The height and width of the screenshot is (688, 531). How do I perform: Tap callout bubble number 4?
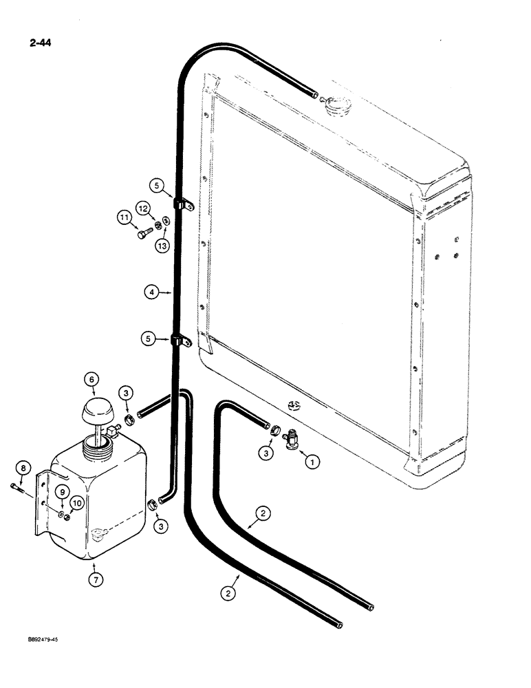[x=151, y=292]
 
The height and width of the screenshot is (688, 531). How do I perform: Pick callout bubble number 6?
[x=92, y=379]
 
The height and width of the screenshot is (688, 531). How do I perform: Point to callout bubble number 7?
[x=96, y=581]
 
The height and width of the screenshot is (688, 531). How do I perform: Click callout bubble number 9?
[x=62, y=492]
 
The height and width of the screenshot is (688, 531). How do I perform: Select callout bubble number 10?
[x=76, y=504]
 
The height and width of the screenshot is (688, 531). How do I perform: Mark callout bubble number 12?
[x=143, y=208]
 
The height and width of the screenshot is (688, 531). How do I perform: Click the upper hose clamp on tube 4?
[x=183, y=204]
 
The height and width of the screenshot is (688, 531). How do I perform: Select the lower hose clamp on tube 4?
[x=183, y=340]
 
